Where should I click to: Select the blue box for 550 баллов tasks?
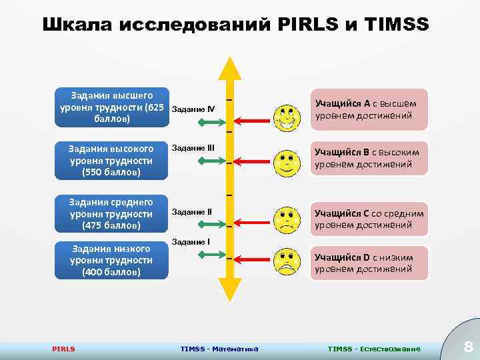pyautogui.click(x=111, y=161)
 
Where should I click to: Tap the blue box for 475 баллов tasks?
pyautogui.click(x=111, y=213)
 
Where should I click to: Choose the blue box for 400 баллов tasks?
pyautogui.click(x=111, y=261)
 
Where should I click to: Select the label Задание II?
pyautogui.click(x=192, y=212)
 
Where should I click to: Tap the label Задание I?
pyautogui.click(x=191, y=241)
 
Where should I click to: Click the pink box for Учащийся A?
pyautogui.click(x=367, y=109)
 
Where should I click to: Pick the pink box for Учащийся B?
pyautogui.click(x=367, y=158)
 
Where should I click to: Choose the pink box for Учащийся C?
pyautogui.click(x=367, y=219)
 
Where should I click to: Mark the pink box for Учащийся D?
pyautogui.click(x=367, y=263)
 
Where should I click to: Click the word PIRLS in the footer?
pyautogui.click(x=63, y=349)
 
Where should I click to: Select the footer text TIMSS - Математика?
pyautogui.click(x=219, y=349)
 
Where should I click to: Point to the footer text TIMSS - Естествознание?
pyautogui.click(x=374, y=349)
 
